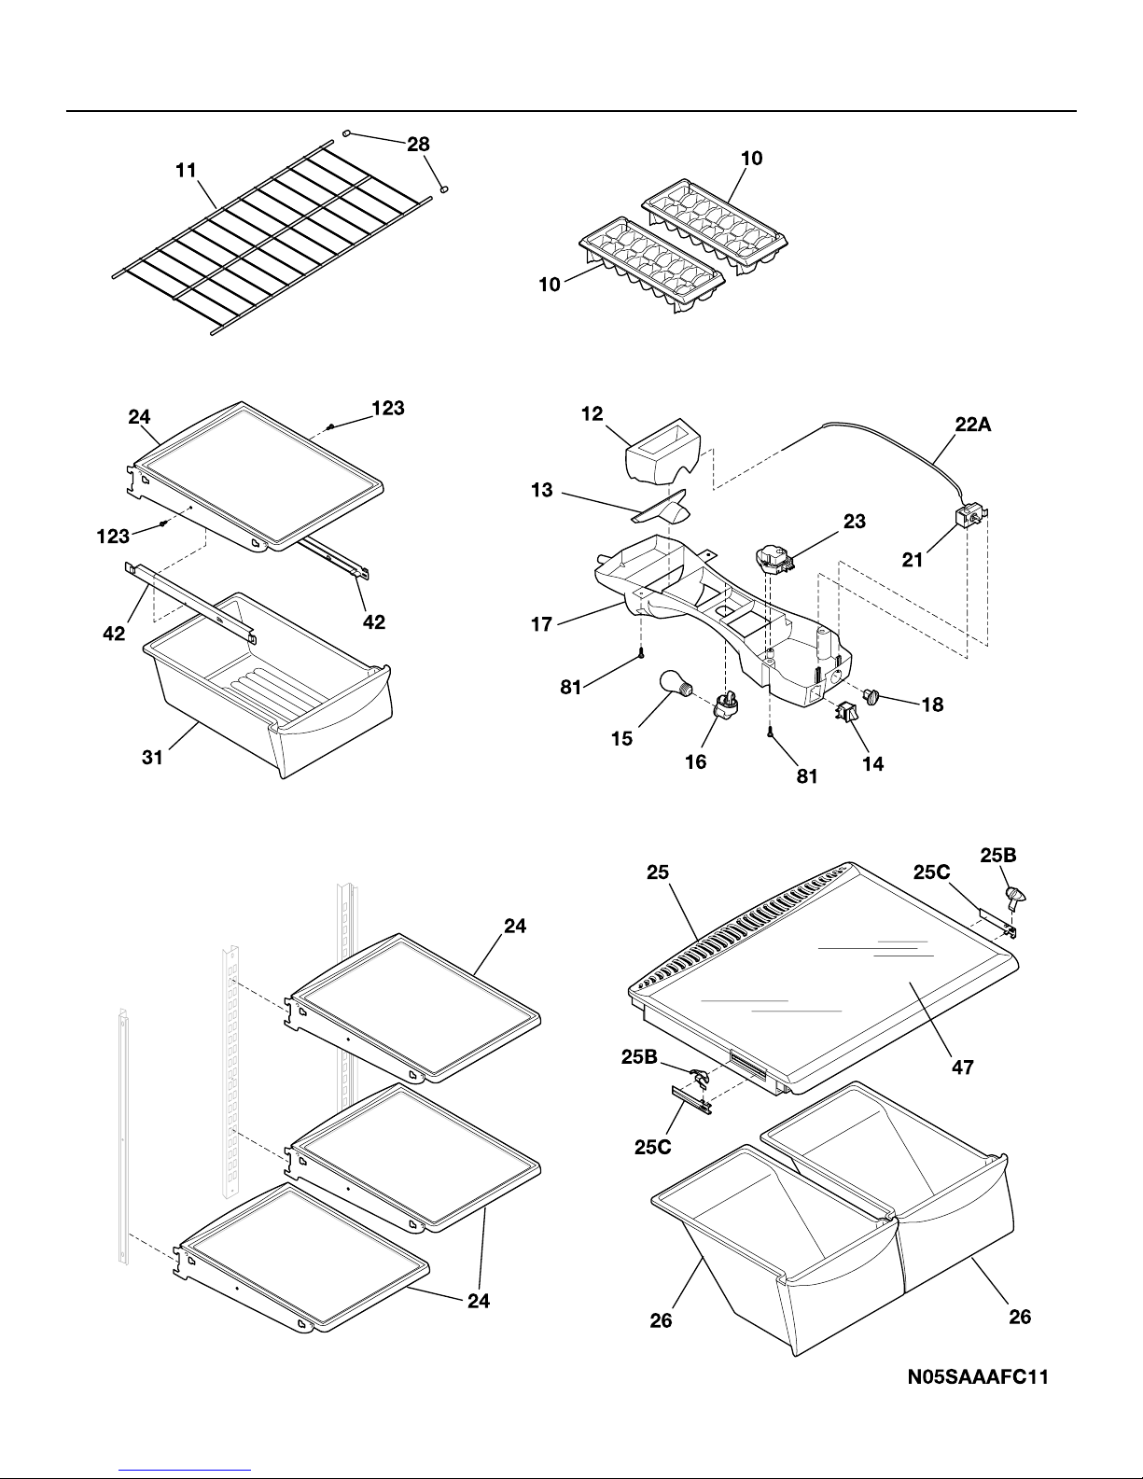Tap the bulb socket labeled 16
[726, 703]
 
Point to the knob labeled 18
[871, 695]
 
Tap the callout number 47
[962, 1067]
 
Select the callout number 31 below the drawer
[152, 757]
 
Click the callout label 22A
[973, 425]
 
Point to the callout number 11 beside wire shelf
[186, 170]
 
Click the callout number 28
[418, 145]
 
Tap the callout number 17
[541, 623]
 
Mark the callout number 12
[592, 413]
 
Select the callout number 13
[541, 490]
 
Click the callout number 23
[855, 522]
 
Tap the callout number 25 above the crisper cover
[658, 872]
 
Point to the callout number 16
[695, 761]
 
